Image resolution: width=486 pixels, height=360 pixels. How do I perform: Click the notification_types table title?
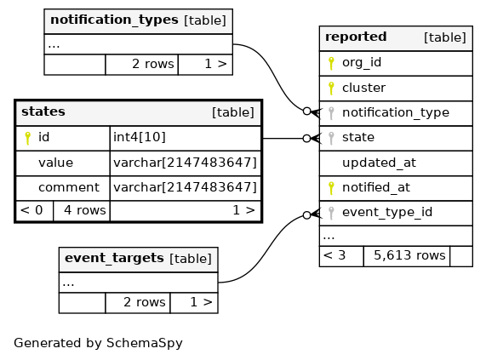click(114, 20)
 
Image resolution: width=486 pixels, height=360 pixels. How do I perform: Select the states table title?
click(43, 111)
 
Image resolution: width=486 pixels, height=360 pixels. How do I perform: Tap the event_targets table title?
click(114, 258)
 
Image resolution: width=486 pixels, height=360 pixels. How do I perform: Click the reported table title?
click(356, 37)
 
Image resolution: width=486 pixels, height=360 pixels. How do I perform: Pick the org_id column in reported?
click(362, 63)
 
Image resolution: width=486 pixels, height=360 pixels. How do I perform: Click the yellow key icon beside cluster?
click(331, 88)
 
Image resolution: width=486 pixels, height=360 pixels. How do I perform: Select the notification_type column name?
click(396, 113)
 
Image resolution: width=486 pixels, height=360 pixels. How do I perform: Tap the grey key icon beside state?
click(331, 138)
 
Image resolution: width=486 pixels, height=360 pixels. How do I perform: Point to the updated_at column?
click(379, 163)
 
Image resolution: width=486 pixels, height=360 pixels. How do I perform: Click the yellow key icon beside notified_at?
click(331, 188)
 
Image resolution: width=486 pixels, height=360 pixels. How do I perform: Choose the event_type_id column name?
click(387, 213)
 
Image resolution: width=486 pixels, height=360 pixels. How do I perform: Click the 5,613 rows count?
click(409, 255)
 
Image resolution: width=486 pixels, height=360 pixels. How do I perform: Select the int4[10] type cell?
click(140, 137)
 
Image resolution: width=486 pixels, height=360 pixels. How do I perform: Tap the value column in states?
click(56, 163)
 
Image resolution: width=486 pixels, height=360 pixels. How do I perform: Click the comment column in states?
click(69, 187)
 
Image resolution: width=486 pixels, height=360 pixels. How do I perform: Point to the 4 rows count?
click(85, 210)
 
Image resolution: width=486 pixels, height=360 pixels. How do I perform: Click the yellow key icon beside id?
click(27, 138)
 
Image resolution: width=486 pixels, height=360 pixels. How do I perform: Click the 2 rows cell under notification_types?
click(153, 64)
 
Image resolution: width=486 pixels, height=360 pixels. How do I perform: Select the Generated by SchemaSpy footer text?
click(98, 343)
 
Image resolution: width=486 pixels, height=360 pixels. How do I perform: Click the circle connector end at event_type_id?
click(306, 215)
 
